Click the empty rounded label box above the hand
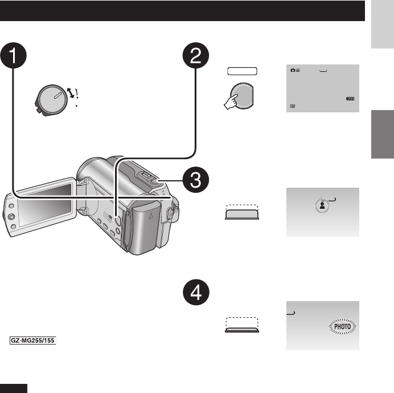pos(241,71)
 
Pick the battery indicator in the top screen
pos(349,99)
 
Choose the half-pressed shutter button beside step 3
pos(241,213)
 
